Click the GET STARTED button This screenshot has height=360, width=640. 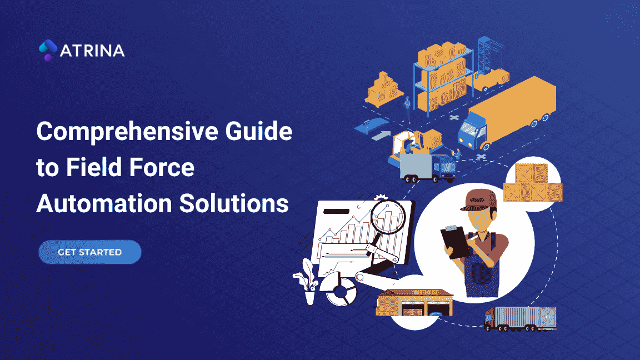pyautogui.click(x=89, y=252)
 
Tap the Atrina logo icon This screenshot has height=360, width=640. pyautogui.click(x=48, y=50)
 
